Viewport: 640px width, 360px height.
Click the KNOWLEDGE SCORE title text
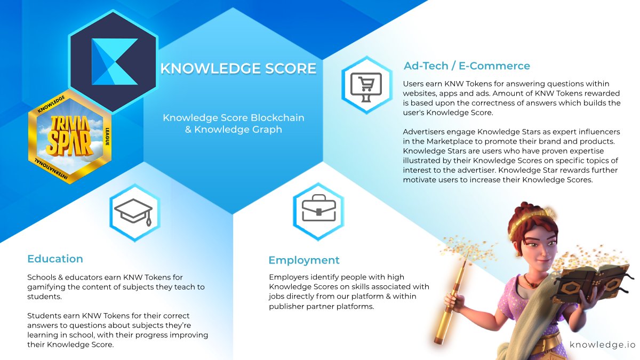(x=238, y=69)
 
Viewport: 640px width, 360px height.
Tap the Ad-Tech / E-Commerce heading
(x=467, y=66)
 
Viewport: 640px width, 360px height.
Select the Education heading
(x=55, y=259)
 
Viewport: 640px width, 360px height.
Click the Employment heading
(x=304, y=260)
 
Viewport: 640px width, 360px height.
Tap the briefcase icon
(x=319, y=207)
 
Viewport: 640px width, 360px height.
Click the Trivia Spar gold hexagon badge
(x=70, y=137)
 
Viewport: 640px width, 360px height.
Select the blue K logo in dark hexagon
(x=115, y=62)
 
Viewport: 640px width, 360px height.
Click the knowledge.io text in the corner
(x=602, y=345)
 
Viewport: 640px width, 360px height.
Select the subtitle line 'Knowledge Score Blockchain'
(x=234, y=118)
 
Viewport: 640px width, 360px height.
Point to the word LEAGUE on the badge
(x=107, y=137)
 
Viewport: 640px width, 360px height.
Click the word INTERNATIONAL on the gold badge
(x=51, y=169)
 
